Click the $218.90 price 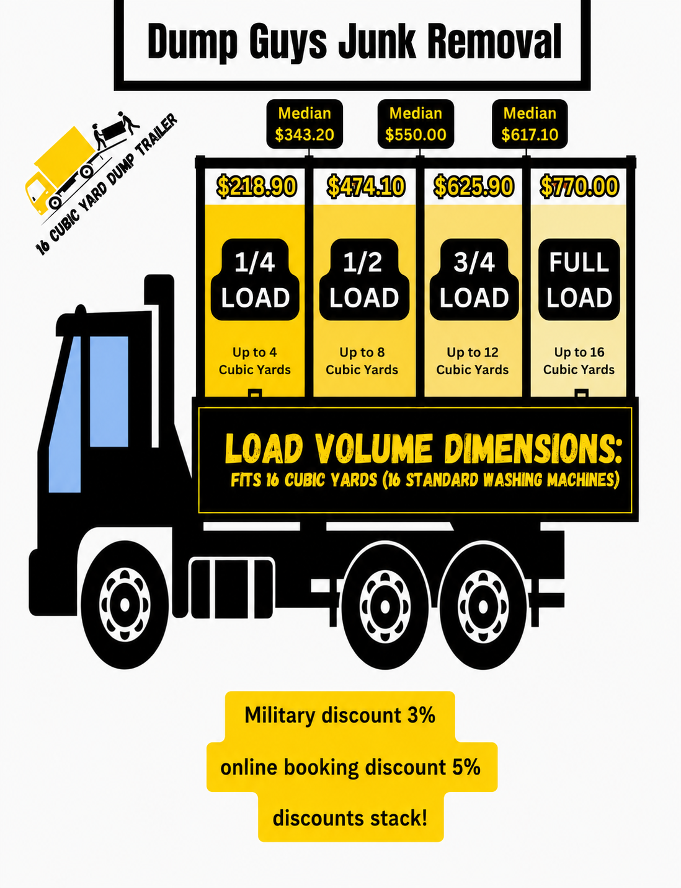tap(256, 187)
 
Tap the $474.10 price tap(366, 187)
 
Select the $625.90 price tap(473, 187)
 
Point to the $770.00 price tap(579, 187)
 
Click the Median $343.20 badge tap(305, 124)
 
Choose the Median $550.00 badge tap(416, 124)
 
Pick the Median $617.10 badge tap(530, 124)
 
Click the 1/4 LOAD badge tap(255, 279)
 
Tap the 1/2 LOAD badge tap(364, 279)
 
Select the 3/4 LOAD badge tap(474, 279)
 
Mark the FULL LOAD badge tap(579, 279)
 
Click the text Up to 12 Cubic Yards tap(473, 361)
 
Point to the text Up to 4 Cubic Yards tap(254, 361)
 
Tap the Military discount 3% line tap(340, 715)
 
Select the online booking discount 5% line tap(350, 767)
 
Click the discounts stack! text tap(350, 819)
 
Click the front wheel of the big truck tap(125, 605)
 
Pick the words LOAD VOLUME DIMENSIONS tap(423, 449)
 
